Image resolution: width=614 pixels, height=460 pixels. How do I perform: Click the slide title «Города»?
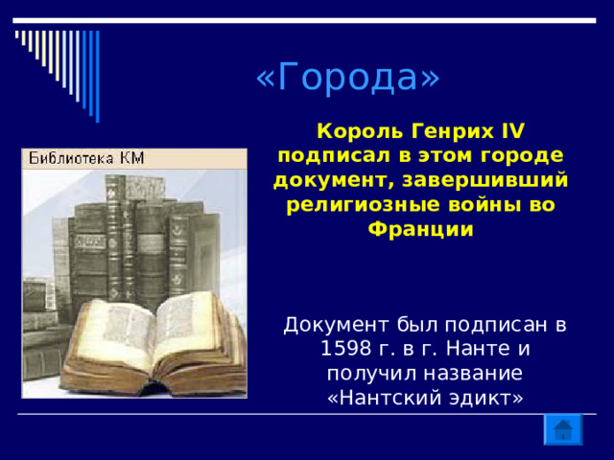pos(347,77)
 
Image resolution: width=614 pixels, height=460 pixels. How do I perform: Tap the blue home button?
pos(563,429)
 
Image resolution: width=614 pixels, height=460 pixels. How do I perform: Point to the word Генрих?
pos(452,132)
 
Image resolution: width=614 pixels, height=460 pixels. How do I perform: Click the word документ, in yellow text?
pos(334,181)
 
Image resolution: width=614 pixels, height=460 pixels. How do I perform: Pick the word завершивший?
pos(484,180)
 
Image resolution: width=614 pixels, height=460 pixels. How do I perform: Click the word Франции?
pos(420,230)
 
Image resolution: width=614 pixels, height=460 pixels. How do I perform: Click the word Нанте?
pos(478,349)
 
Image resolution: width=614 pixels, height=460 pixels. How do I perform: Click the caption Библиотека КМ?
pos(86,158)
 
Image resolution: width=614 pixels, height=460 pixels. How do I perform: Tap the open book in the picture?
pos(153,343)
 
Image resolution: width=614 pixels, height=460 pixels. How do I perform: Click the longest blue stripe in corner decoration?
pos(98,77)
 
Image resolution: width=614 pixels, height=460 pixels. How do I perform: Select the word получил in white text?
pos(372,374)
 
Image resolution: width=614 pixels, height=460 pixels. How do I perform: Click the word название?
pos(474,373)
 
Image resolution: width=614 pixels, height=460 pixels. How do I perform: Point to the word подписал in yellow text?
pos(334,156)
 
